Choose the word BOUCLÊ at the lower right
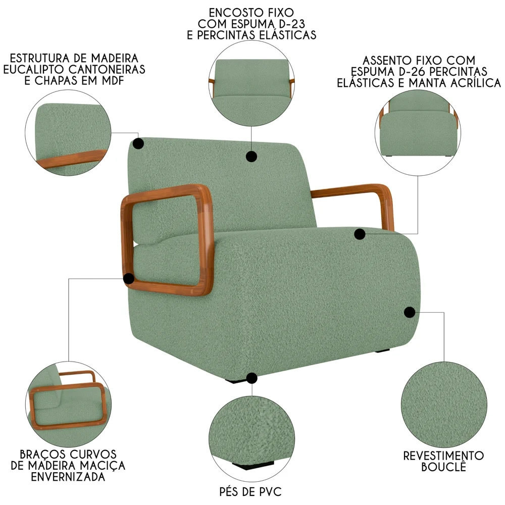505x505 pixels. [x=443, y=467]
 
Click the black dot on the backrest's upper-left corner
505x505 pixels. [x=137, y=143]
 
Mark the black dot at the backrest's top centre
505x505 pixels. [x=251, y=156]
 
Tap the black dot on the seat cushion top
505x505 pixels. [x=360, y=234]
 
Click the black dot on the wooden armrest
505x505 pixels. [x=129, y=278]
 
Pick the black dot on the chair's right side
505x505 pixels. [x=410, y=312]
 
